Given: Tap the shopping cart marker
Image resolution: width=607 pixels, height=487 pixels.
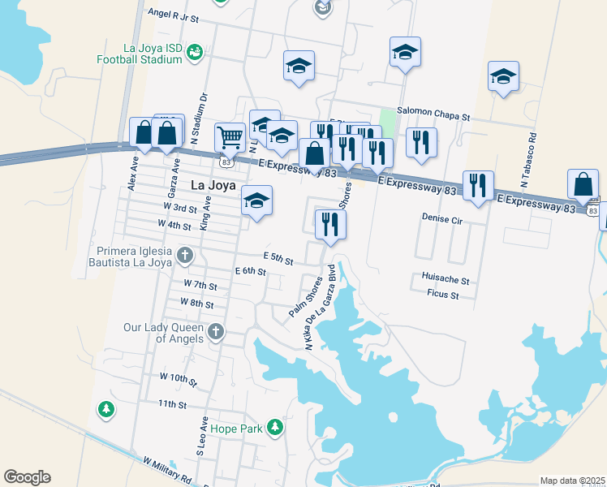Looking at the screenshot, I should pos(230,137).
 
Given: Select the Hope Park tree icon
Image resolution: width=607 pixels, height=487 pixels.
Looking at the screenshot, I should pos(275,427).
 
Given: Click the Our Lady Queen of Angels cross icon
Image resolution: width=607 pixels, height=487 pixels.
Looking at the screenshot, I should pos(215,331).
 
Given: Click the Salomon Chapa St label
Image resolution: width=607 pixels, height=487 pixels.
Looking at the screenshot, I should pos(433,116).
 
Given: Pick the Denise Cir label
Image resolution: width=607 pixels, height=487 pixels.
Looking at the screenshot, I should pos(441,218).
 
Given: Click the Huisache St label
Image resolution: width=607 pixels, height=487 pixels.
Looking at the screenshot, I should pos(446,279).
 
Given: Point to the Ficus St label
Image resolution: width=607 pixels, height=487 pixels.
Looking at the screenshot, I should pos(443,295).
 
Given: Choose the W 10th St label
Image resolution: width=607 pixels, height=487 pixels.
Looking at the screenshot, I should pos(179,378).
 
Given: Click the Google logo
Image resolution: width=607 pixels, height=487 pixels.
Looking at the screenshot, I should pos(27,477).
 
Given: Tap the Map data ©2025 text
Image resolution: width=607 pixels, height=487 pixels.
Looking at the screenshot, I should pos(572,481).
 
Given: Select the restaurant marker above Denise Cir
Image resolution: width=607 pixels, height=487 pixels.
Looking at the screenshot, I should pos(477,186).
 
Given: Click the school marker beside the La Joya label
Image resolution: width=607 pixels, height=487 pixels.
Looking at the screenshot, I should pos(256,201).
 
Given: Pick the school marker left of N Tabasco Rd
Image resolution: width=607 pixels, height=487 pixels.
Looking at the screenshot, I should pos(503,76).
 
